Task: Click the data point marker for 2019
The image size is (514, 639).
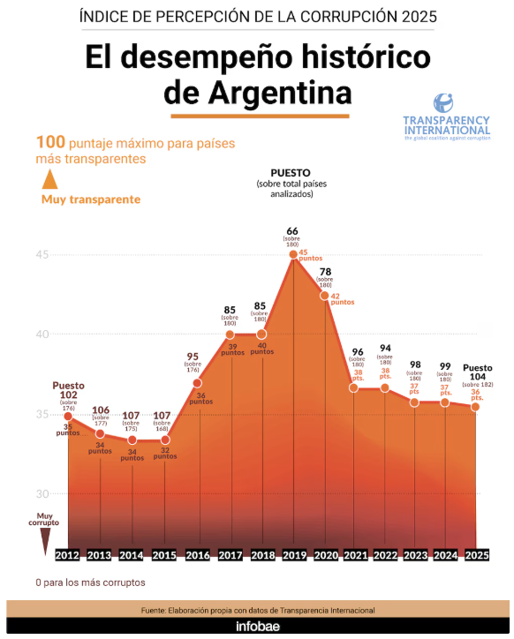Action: point(292,254)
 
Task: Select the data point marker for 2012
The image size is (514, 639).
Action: point(68,416)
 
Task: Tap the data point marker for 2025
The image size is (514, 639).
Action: point(475,406)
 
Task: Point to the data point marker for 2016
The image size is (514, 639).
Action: point(198,382)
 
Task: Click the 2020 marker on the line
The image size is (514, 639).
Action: point(325,296)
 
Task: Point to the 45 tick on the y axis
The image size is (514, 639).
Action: point(42,254)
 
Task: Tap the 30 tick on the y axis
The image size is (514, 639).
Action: point(42,493)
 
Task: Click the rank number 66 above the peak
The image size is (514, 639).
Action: point(292,230)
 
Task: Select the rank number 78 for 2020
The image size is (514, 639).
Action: point(326,272)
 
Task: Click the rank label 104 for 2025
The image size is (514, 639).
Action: point(478,376)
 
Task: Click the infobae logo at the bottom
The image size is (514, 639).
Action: point(257,625)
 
